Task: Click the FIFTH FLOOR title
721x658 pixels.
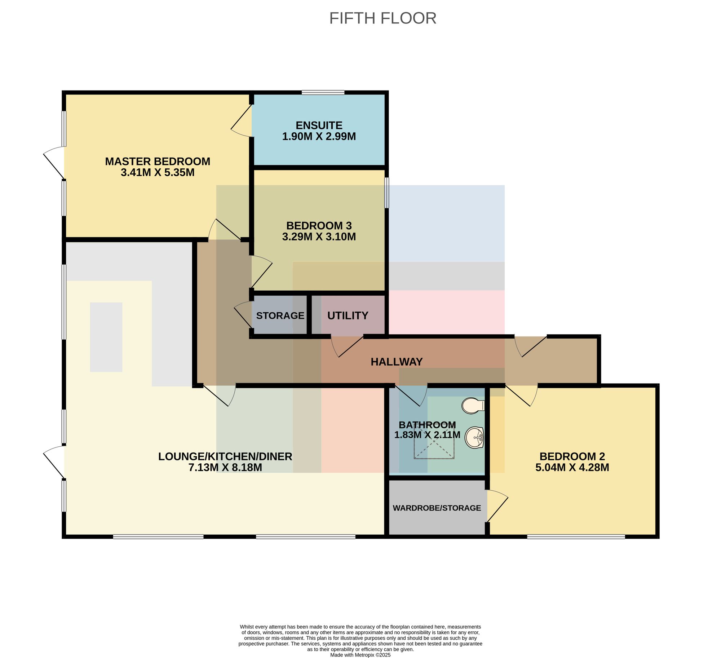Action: pyautogui.click(x=382, y=18)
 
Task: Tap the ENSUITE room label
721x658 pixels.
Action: pyautogui.click(x=319, y=125)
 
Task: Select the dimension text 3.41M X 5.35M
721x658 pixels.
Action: pyautogui.click(x=158, y=173)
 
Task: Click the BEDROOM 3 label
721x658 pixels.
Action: pyautogui.click(x=319, y=226)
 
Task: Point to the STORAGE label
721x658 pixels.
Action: pyautogui.click(x=280, y=315)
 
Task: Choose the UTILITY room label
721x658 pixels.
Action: pyautogui.click(x=348, y=316)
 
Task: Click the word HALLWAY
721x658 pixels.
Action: pyautogui.click(x=397, y=362)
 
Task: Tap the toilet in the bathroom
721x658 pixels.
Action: pyautogui.click(x=473, y=406)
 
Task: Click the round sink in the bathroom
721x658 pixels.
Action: pyautogui.click(x=474, y=438)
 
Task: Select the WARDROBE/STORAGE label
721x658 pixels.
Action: pyautogui.click(x=437, y=508)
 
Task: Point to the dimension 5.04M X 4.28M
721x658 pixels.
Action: pyautogui.click(x=572, y=468)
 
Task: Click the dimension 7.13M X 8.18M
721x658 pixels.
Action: pyautogui.click(x=225, y=468)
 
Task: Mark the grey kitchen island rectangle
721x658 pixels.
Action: pyautogui.click(x=106, y=337)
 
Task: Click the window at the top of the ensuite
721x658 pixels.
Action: pyautogui.click(x=323, y=93)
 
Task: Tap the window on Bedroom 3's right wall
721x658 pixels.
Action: pyautogui.click(x=387, y=193)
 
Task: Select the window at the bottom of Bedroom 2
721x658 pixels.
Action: pyautogui.click(x=576, y=536)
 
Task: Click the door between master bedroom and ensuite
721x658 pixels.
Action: pyautogui.click(x=241, y=121)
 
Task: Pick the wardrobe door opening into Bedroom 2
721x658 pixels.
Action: pyautogui.click(x=497, y=505)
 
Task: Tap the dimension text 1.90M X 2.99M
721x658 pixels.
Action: pyautogui.click(x=319, y=137)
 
